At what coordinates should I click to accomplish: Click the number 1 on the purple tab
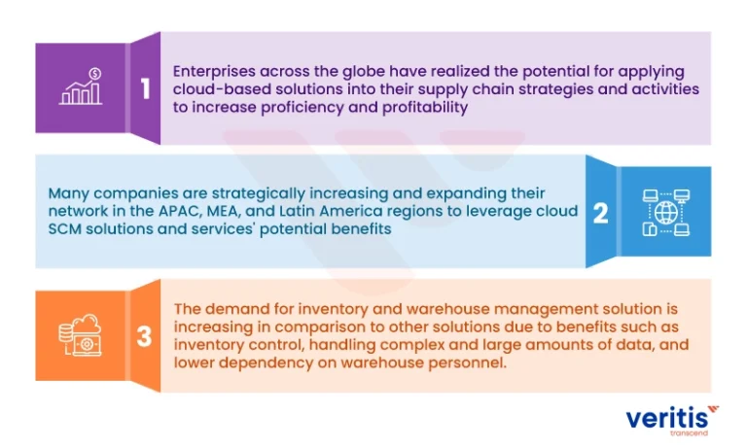[x=145, y=88]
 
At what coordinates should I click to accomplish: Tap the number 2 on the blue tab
[x=601, y=213]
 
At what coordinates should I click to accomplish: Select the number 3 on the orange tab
[x=144, y=336]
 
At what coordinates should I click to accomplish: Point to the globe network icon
[x=666, y=213]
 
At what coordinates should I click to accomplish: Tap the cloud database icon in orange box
[x=80, y=334]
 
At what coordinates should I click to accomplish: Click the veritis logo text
[x=666, y=419]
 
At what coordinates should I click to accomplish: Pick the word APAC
[x=180, y=211]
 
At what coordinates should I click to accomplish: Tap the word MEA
[x=223, y=211]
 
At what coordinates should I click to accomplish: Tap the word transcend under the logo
[x=689, y=433]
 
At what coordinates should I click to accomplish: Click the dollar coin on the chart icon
[x=94, y=74]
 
